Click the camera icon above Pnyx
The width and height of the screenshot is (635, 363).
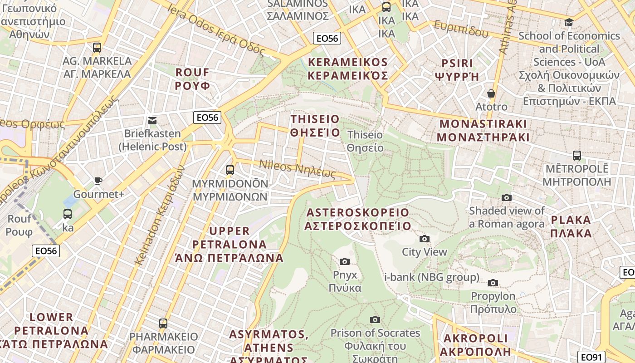pos(345,261)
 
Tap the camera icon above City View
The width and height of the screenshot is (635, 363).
pos(425,239)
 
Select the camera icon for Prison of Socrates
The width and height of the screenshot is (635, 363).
pos(375,319)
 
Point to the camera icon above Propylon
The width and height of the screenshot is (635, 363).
pos(493,283)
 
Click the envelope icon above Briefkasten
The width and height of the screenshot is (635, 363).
pos(152,120)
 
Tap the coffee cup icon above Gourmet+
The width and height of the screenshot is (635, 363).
pos(98,181)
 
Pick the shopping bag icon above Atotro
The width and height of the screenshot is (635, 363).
pos(491,93)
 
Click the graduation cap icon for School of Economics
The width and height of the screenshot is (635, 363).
pos(569,22)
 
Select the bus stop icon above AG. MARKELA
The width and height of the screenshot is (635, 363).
pos(97,48)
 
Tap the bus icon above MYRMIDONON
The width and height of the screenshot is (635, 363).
pos(230,170)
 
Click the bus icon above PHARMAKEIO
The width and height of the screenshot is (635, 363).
pos(163,324)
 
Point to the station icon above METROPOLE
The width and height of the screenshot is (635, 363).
pos(577,156)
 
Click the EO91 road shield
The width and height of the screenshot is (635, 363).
pos(592,357)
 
